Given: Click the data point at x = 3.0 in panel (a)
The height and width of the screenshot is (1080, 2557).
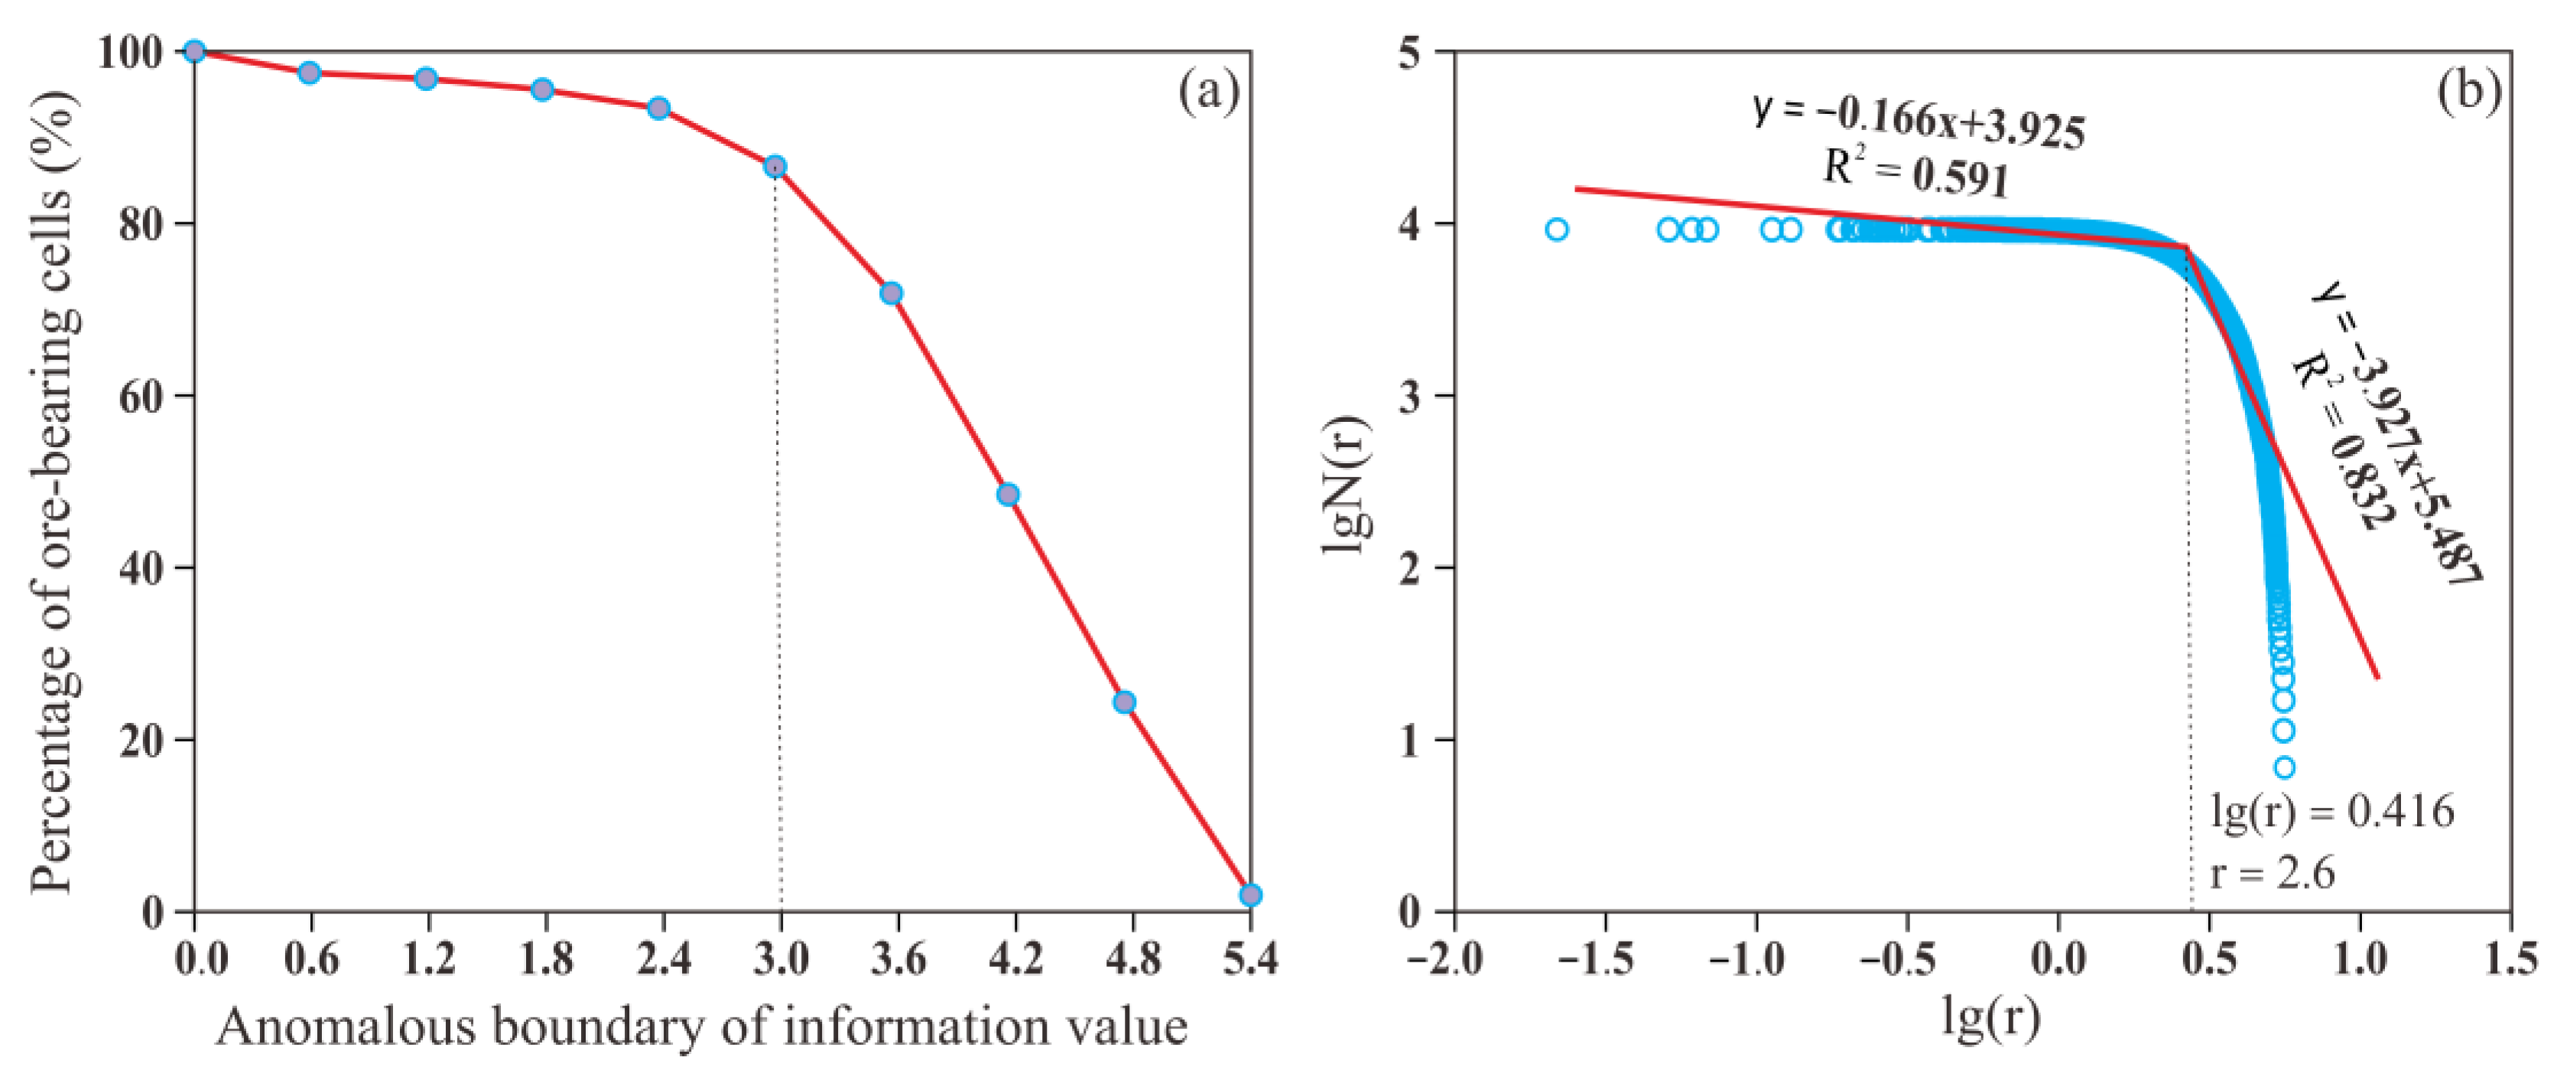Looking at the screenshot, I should tap(775, 167).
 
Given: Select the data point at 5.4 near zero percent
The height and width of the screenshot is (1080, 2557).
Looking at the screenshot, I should tap(1251, 895).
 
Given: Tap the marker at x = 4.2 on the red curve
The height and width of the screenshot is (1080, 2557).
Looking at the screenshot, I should tap(1008, 495).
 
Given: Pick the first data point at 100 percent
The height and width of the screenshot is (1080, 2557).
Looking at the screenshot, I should tap(194, 52).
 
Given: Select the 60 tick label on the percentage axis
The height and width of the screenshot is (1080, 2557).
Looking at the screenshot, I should tap(142, 397).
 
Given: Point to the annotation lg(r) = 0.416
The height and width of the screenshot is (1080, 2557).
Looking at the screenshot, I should tap(2331, 812).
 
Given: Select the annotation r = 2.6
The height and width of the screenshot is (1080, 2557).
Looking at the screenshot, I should tap(2271, 874).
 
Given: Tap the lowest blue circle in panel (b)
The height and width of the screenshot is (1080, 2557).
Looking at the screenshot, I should tap(2284, 767).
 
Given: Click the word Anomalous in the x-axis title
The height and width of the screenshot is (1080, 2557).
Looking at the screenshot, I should tap(347, 1027).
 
